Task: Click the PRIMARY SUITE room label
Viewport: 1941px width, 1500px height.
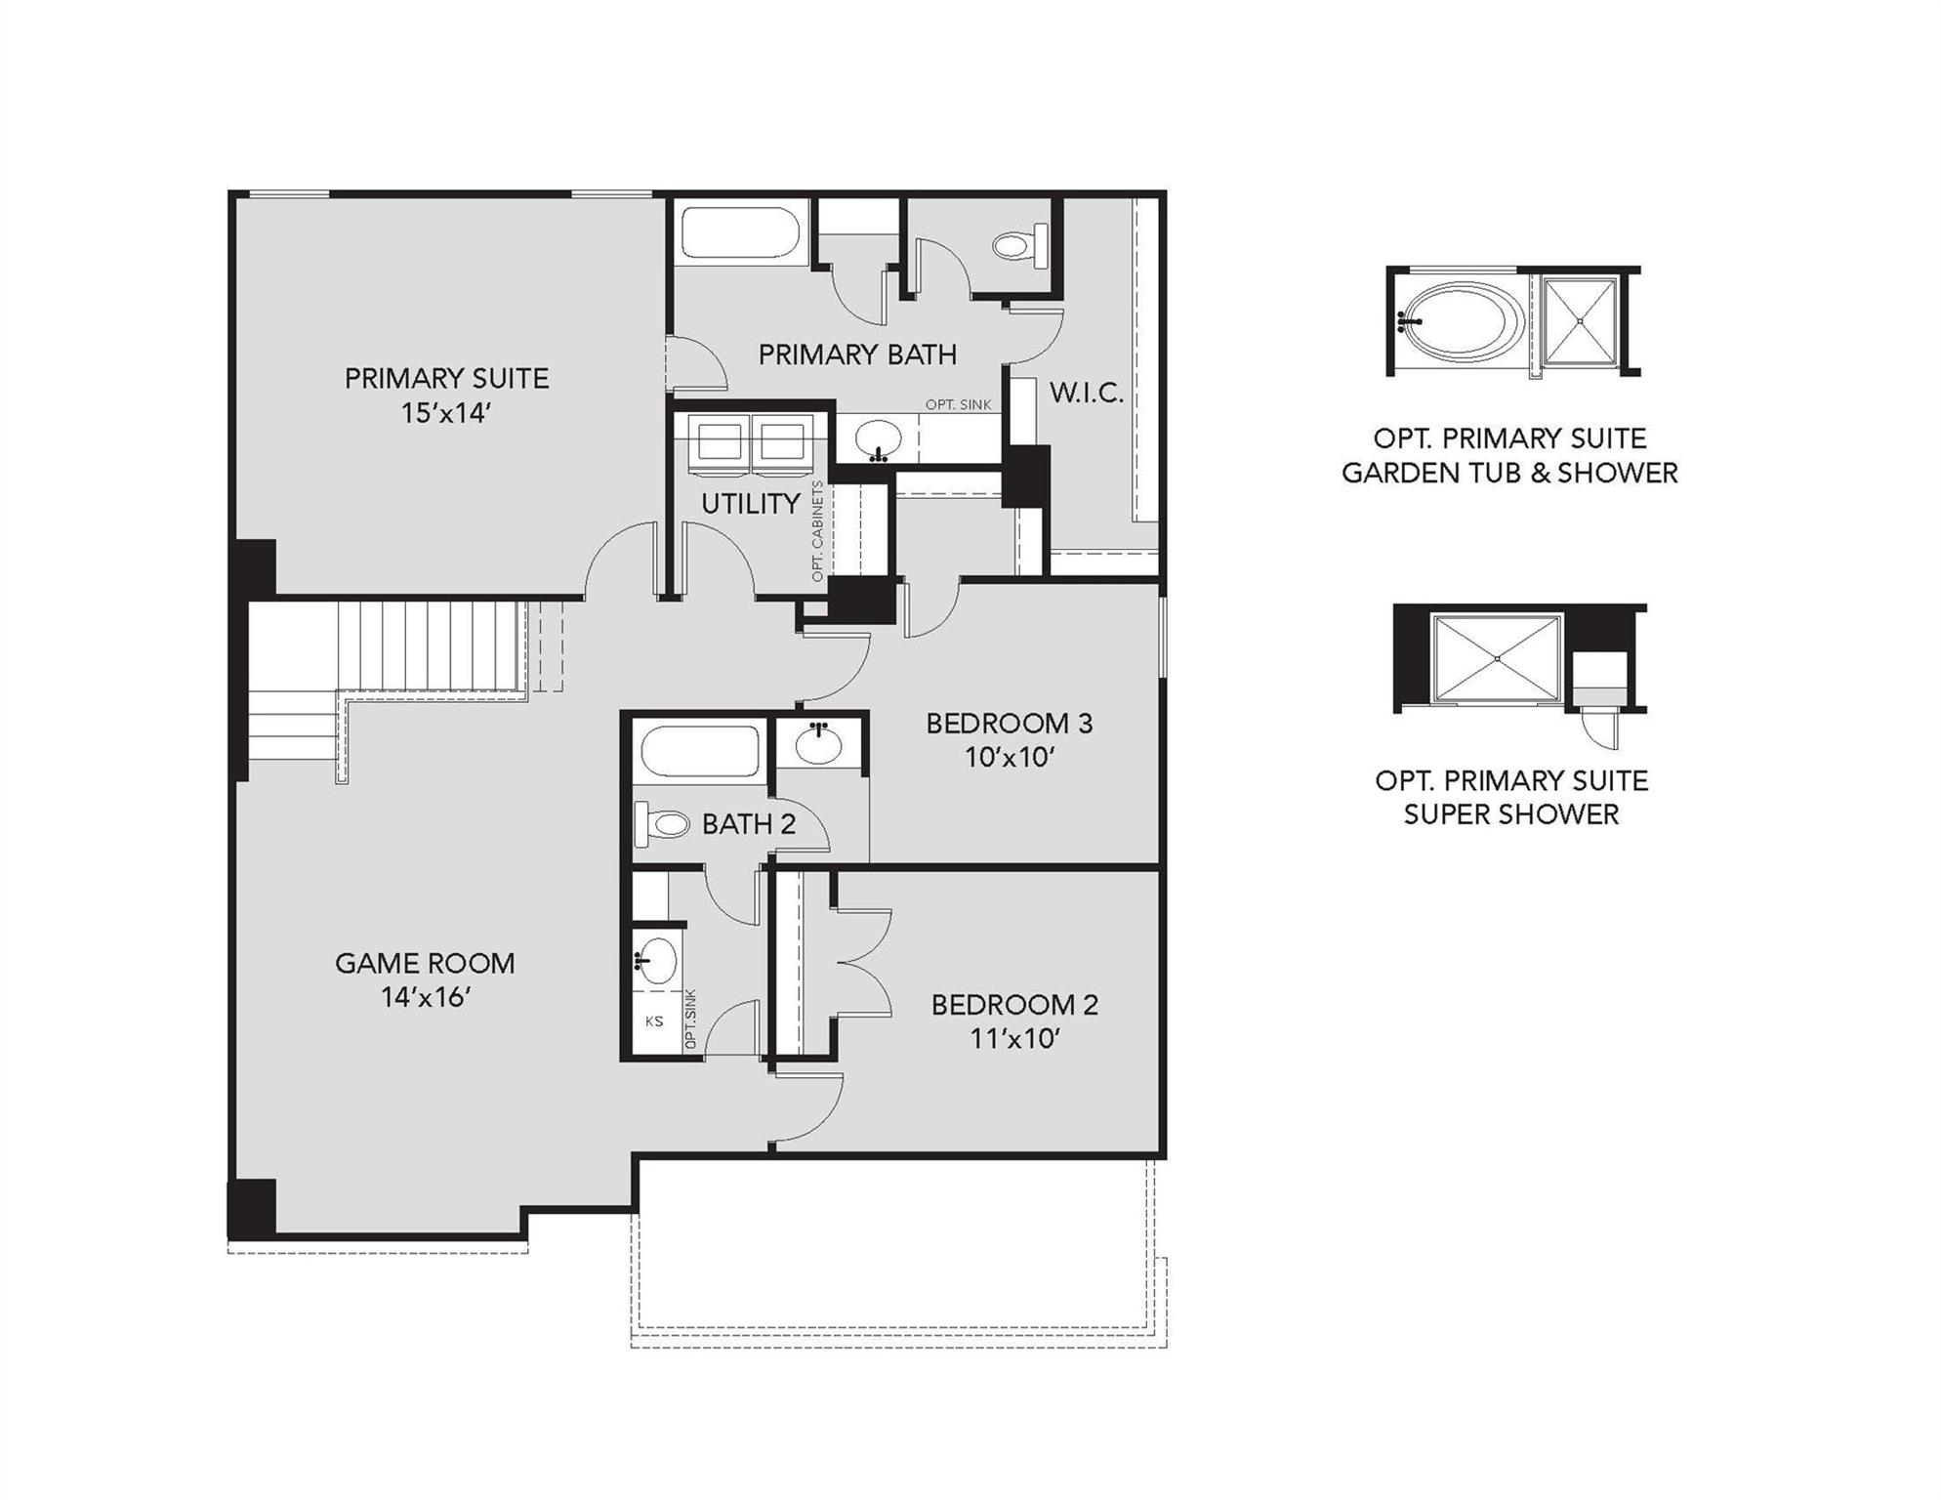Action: pos(446,379)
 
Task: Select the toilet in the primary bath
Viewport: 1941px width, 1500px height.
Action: pos(1020,244)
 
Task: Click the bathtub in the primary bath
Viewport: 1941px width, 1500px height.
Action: pos(740,234)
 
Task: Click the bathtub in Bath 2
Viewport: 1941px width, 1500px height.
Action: pos(700,752)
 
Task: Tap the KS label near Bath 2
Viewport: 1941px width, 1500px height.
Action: pos(654,1021)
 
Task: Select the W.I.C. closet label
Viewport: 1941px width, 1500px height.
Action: pos(1086,394)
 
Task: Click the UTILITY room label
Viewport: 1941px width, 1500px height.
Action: pos(750,504)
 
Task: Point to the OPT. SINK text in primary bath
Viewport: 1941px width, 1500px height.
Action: pos(958,404)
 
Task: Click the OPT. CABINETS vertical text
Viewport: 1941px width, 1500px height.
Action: pos(817,531)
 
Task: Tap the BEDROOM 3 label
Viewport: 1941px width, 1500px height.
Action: pos(1009,724)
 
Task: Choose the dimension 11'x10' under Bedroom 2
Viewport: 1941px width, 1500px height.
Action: pos(1014,1039)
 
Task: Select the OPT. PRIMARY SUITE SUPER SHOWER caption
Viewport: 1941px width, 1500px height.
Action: pos(1510,797)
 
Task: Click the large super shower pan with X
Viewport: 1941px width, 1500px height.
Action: pos(1497,658)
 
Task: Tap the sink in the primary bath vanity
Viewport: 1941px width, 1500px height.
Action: pos(878,439)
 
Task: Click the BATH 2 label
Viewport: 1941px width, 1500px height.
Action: pos(749,824)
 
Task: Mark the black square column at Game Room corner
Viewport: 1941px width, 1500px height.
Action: pos(252,1208)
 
